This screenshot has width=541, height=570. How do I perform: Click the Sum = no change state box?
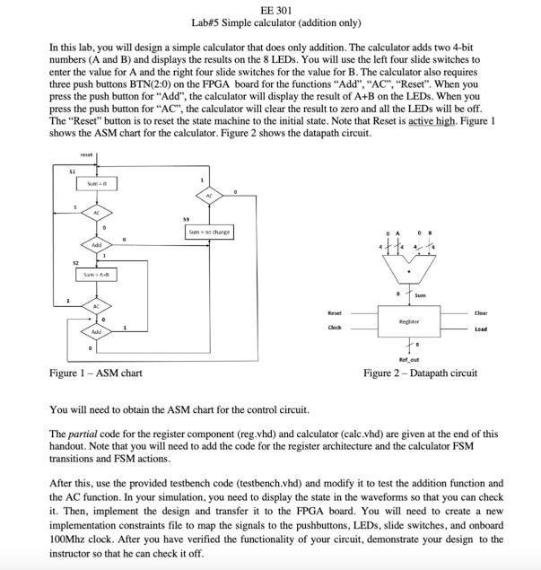[208, 232]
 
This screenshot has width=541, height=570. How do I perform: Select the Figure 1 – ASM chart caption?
[95, 373]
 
